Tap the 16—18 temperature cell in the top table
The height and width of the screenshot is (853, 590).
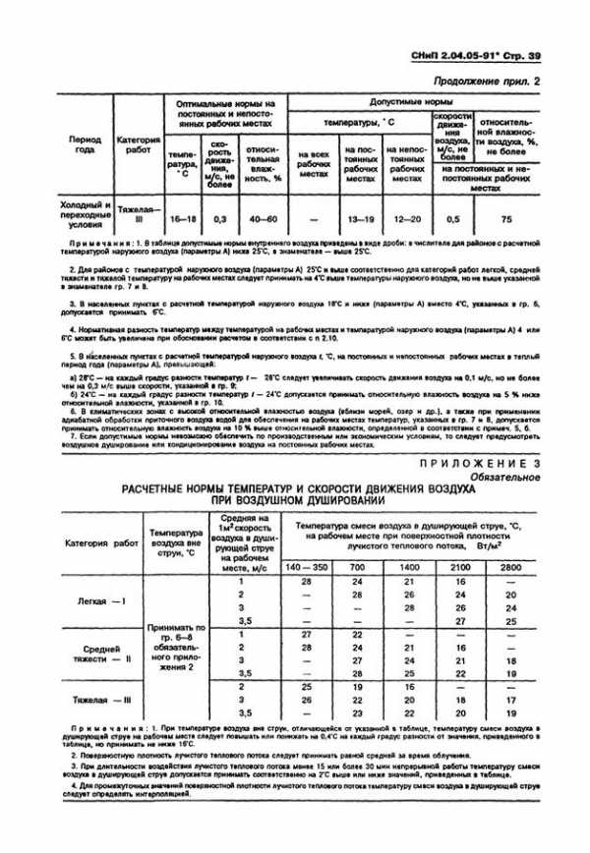pyautogui.click(x=183, y=217)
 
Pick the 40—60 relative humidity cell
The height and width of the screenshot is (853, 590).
pyautogui.click(x=264, y=217)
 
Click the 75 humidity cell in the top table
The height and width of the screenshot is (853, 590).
pyautogui.click(x=505, y=217)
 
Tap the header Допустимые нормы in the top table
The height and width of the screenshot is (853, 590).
pyautogui.click(x=424, y=101)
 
